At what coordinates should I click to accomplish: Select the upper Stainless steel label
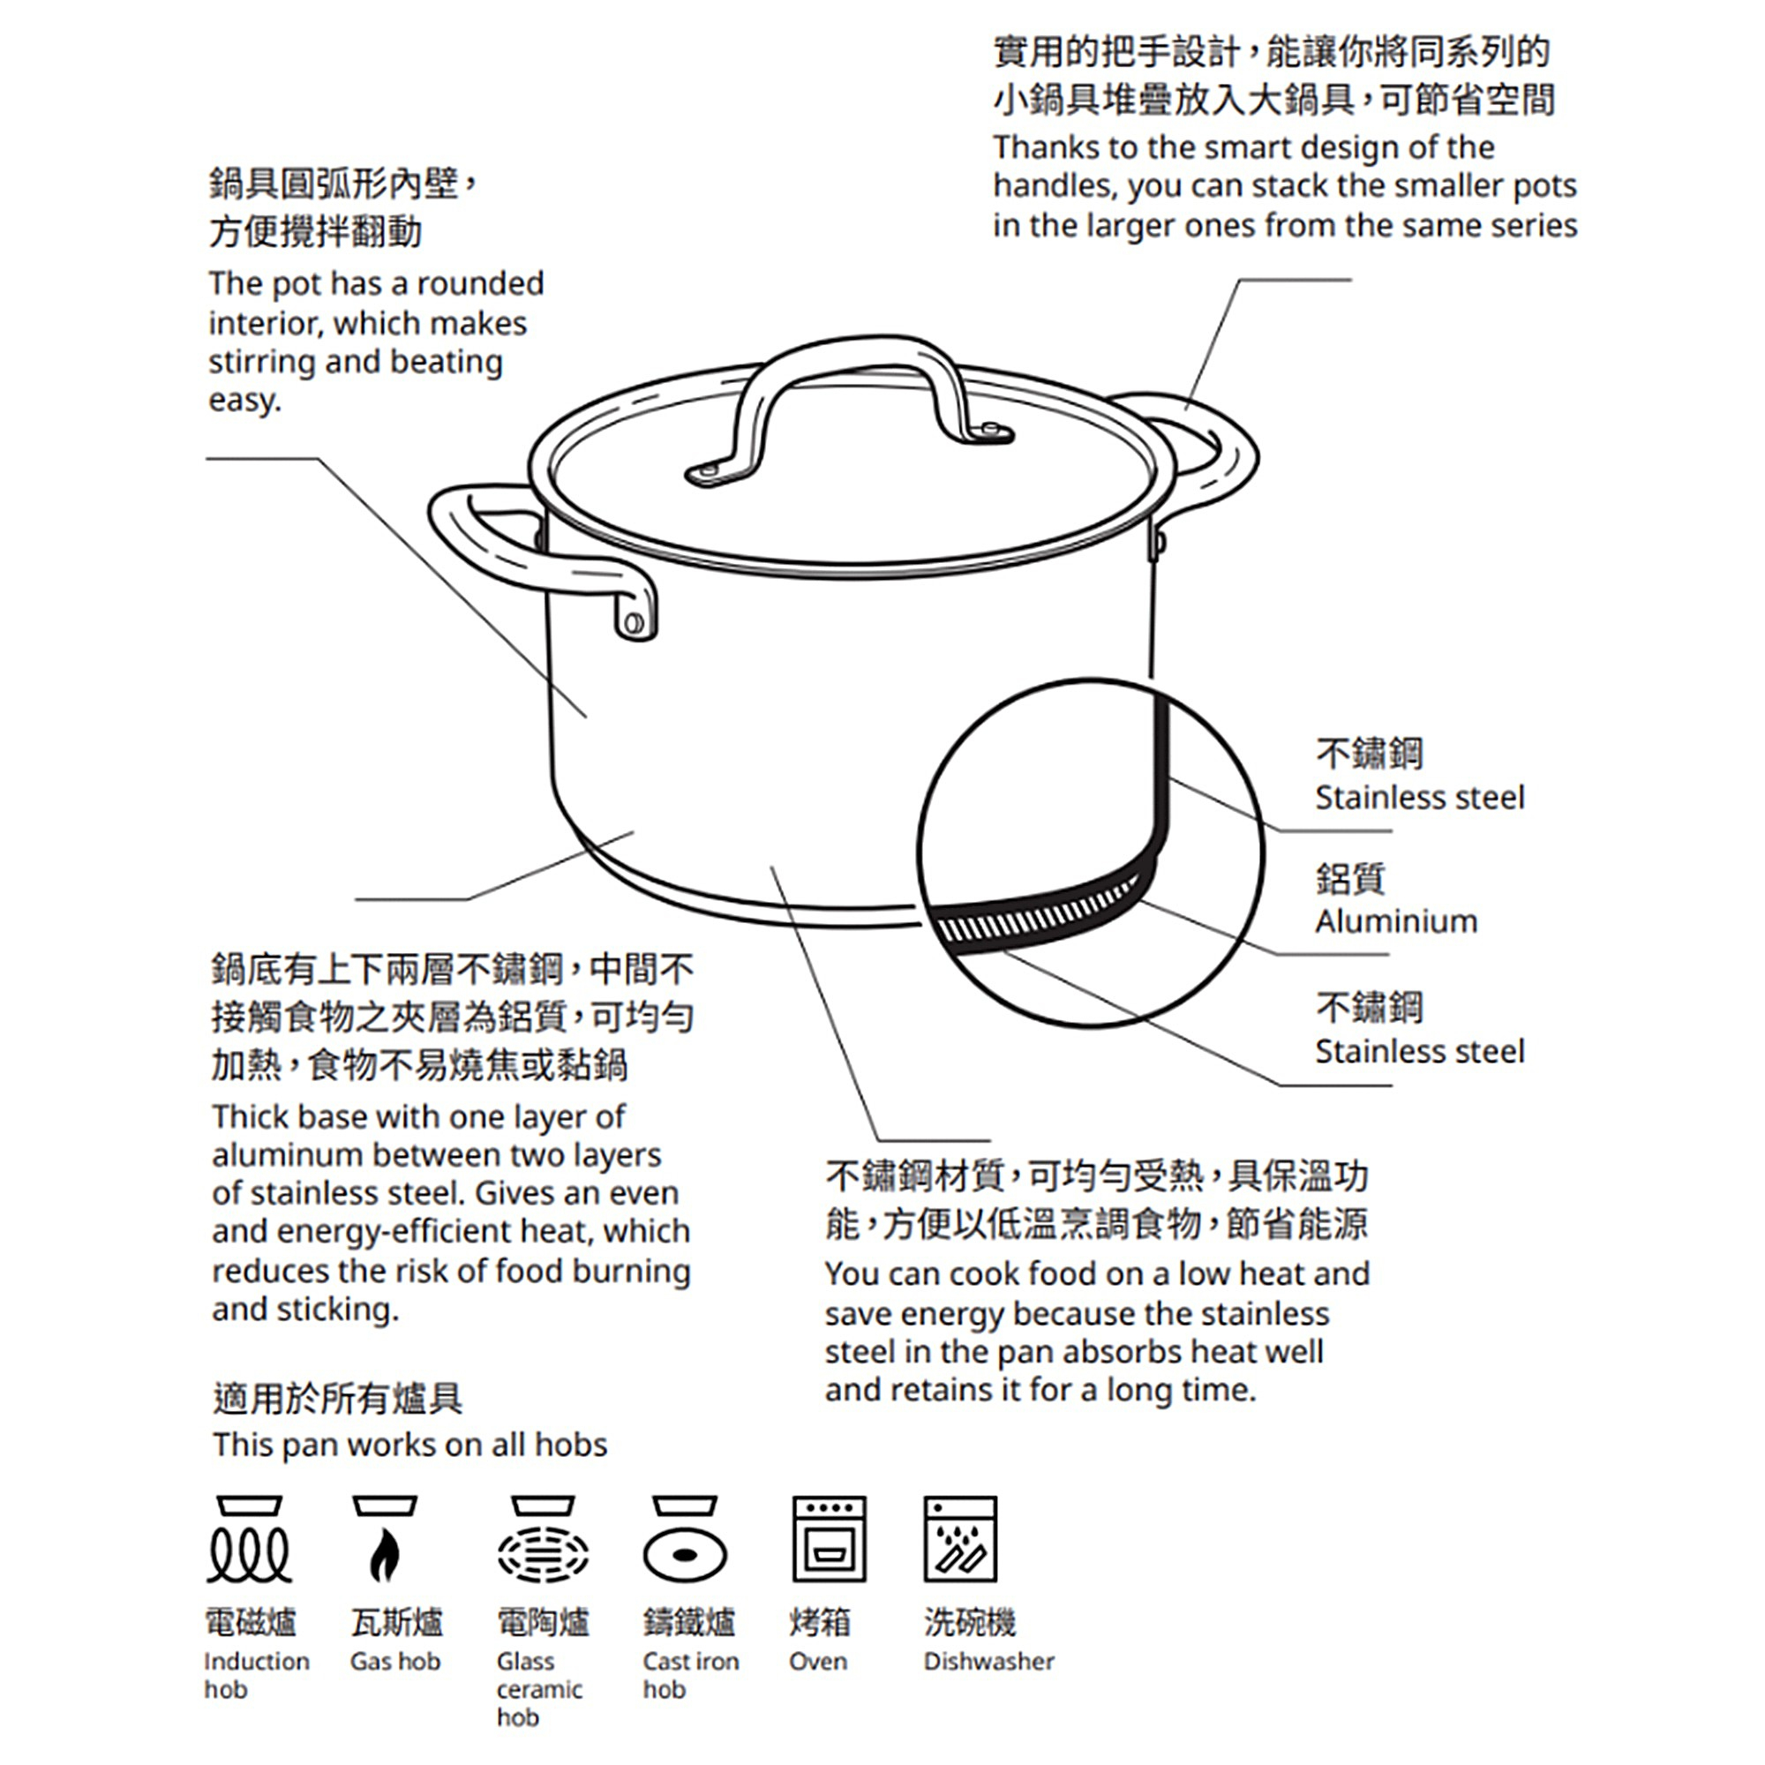click(x=1420, y=798)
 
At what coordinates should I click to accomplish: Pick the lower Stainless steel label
click(x=1420, y=1052)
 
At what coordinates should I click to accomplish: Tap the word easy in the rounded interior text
click(x=244, y=401)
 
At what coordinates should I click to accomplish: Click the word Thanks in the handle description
click(x=1045, y=148)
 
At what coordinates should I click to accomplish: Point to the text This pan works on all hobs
click(x=409, y=1446)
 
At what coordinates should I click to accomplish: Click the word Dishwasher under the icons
click(x=988, y=1662)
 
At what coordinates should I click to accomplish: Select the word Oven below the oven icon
click(x=818, y=1662)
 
